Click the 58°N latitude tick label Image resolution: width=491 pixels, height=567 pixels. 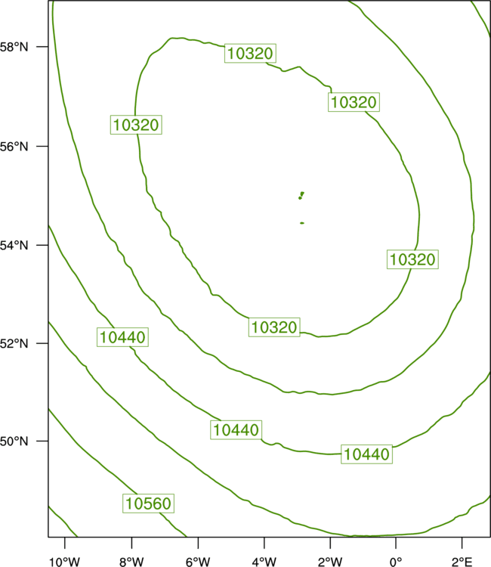click(14, 47)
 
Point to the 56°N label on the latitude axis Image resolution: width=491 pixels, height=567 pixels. click(14, 147)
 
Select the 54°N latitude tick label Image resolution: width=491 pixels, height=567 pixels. click(14, 246)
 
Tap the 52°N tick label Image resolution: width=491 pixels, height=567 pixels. click(14, 343)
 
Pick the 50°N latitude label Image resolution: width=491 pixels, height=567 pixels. click(14, 442)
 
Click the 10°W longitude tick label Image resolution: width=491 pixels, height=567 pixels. click(65, 562)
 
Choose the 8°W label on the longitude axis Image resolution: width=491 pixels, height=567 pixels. click(131, 562)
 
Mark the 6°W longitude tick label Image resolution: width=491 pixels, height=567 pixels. click(198, 562)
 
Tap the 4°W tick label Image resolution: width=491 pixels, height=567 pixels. click(264, 562)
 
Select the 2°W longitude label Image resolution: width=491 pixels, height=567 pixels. click(330, 562)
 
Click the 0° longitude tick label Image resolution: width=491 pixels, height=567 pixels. click(396, 562)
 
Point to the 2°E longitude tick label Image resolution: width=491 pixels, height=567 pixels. click(462, 562)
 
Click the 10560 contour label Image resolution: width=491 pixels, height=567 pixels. click(149, 503)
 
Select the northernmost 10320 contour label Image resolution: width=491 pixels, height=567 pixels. click(250, 54)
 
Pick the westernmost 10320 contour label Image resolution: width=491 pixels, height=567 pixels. click(136, 125)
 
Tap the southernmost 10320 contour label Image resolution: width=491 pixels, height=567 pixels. click(274, 327)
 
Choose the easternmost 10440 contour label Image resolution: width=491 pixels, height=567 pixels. click(366, 454)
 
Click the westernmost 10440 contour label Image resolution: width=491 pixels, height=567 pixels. click(122, 337)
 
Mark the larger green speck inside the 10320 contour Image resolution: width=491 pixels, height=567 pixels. click(301, 195)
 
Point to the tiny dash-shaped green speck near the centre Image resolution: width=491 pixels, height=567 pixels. click(302, 223)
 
